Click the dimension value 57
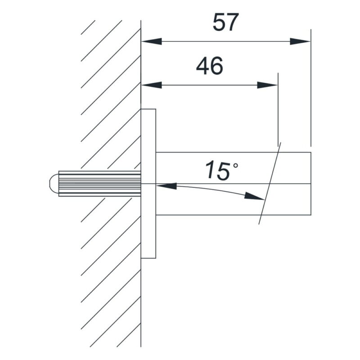pyautogui.click(x=226, y=22)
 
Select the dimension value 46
pyautogui.click(x=209, y=66)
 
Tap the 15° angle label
pyautogui.click(x=221, y=171)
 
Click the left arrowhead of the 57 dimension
pyautogui.click(x=152, y=41)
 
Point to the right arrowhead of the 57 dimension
pyautogui.click(x=300, y=41)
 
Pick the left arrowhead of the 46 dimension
pyautogui.click(x=152, y=85)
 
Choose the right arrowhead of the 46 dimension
pyautogui.click(x=267, y=85)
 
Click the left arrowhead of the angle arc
pyautogui.click(x=166, y=186)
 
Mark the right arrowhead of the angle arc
pyautogui.click(x=254, y=196)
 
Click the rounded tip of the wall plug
pyautogui.click(x=54, y=184)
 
